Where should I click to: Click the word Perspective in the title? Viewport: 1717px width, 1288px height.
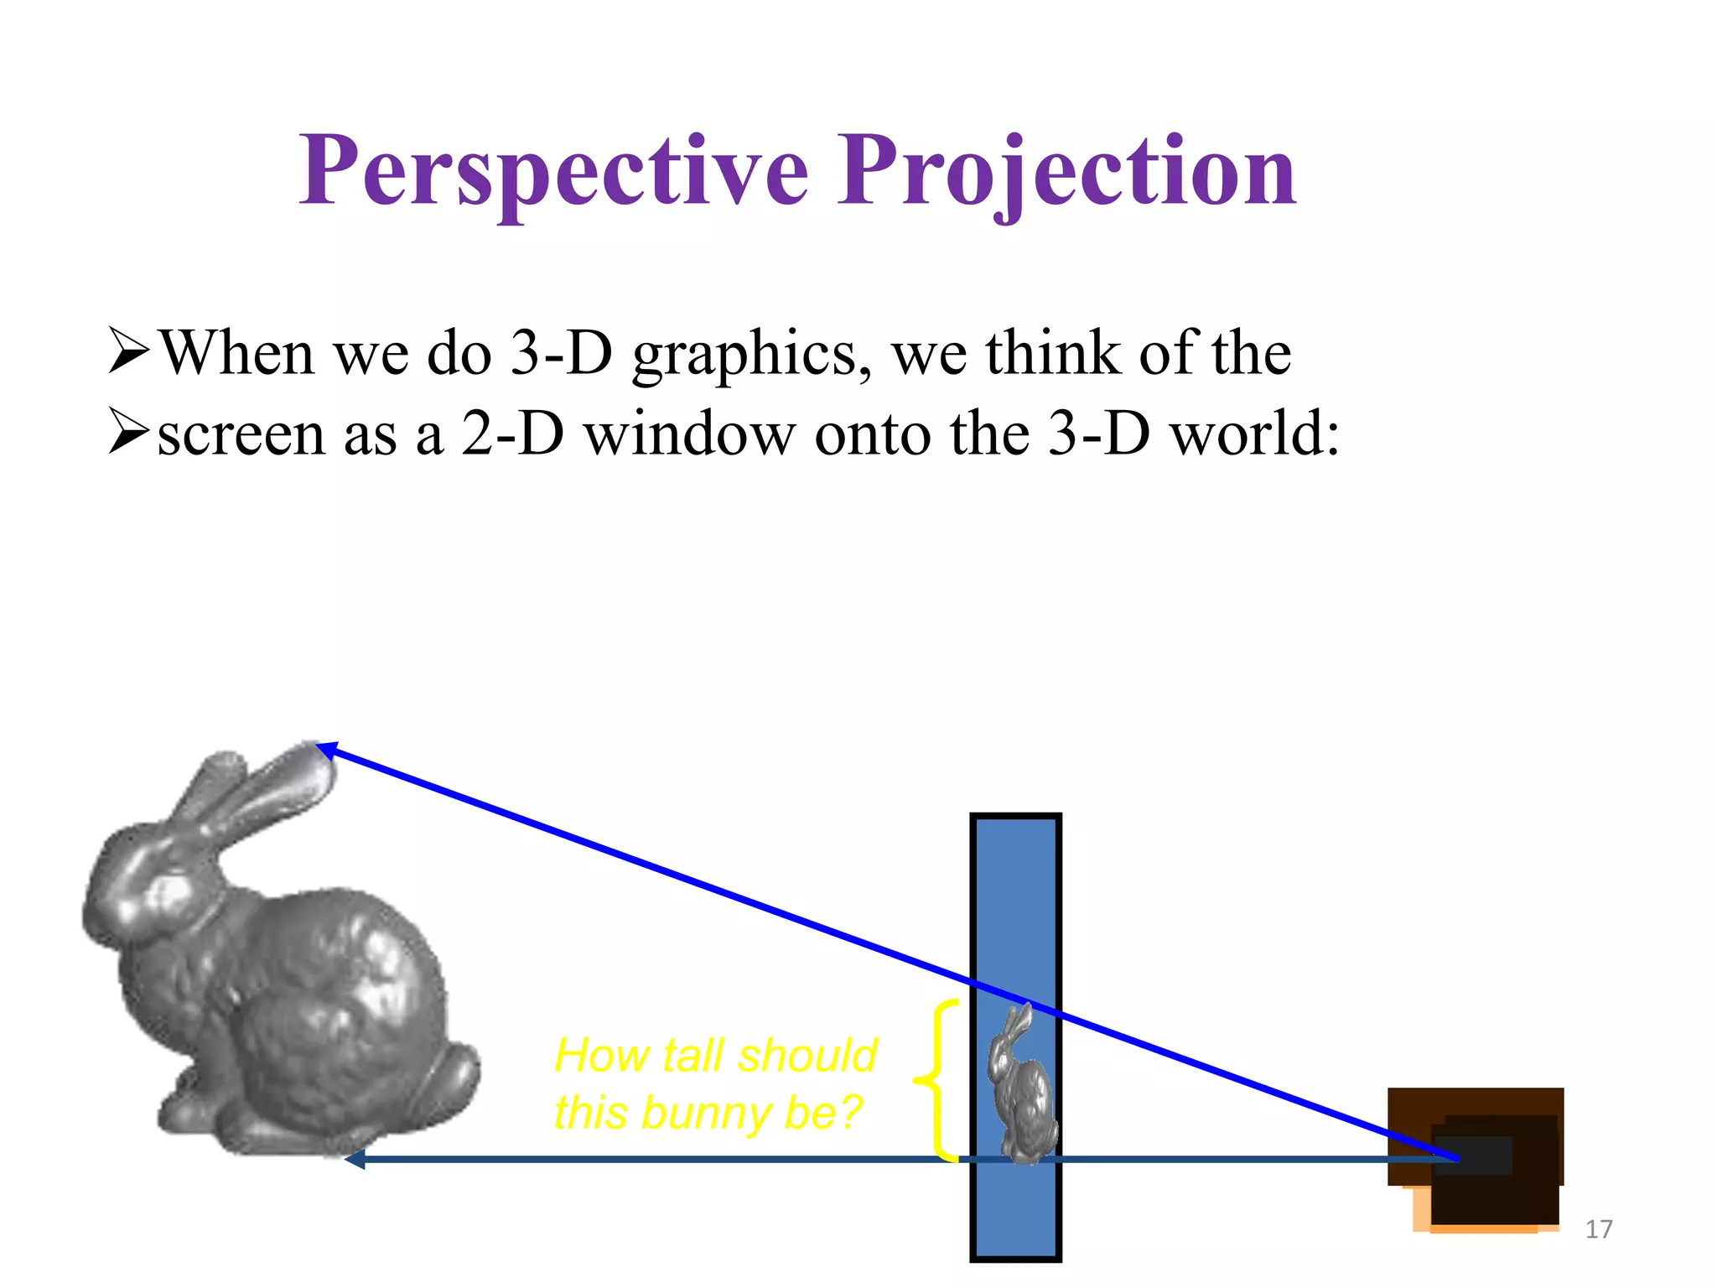[554, 172]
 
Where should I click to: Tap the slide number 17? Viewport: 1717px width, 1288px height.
[1599, 1229]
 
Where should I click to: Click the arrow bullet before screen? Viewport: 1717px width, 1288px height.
[129, 434]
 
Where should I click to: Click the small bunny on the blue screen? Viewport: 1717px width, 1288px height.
[1021, 1087]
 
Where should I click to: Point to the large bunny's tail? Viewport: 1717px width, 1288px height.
[453, 1082]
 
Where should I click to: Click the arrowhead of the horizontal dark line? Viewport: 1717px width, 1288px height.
[355, 1160]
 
